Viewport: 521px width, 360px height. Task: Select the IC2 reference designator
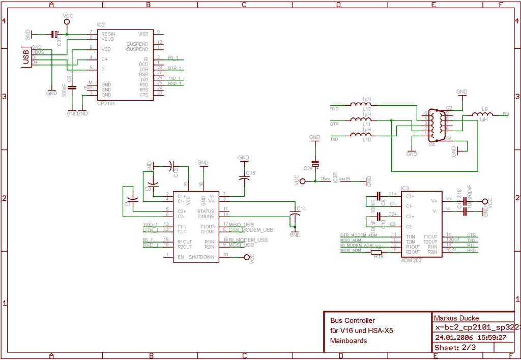(101, 24)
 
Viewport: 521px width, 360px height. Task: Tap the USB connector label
(25, 56)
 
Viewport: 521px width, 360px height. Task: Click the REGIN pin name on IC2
(108, 34)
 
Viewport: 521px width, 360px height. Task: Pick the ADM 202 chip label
(411, 260)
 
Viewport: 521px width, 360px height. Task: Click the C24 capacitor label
(308, 168)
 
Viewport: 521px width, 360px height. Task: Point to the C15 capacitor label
(250, 173)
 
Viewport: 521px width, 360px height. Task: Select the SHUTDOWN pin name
(202, 258)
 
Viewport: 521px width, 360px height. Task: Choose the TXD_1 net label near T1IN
(150, 224)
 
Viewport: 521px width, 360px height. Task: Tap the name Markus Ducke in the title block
(456, 318)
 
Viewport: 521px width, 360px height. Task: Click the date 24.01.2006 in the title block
(453, 337)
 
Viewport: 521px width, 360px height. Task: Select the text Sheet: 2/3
(455, 347)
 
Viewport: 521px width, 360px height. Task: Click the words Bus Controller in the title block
(352, 320)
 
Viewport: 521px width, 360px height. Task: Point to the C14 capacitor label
(301, 208)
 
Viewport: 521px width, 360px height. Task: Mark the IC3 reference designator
(405, 188)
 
